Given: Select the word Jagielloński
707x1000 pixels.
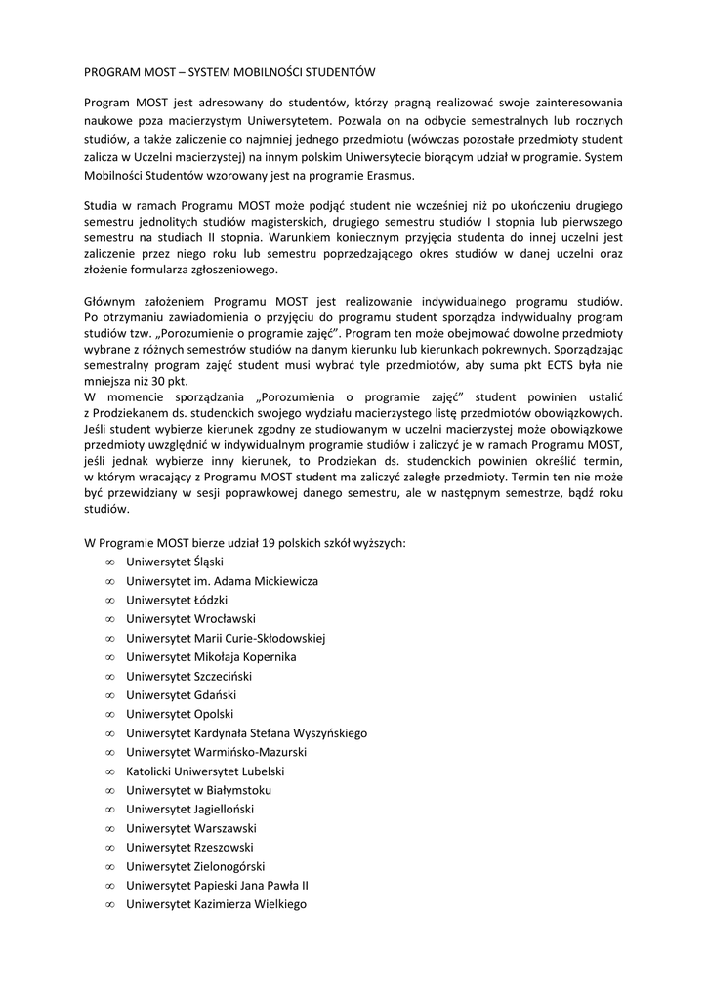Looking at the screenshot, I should tap(233, 810).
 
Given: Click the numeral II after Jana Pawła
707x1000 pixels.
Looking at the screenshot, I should tap(304, 886).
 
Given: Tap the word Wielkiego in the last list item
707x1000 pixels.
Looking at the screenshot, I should tap(279, 904).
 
